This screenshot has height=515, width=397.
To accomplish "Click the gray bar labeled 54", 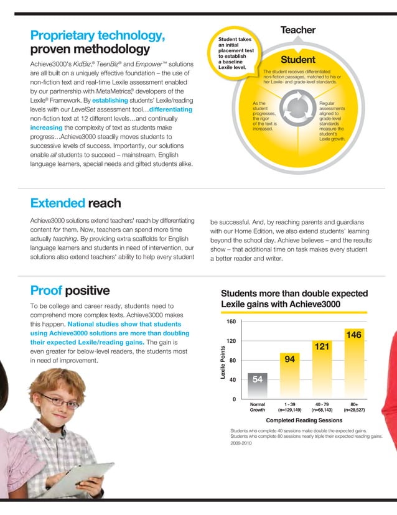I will click(258, 386).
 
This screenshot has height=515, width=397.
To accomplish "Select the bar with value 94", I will click(289, 375).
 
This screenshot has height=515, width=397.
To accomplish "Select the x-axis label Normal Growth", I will click(258, 407).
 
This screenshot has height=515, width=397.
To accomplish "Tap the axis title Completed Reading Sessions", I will click(304, 420).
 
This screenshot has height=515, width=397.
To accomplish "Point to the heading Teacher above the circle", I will click(298, 30).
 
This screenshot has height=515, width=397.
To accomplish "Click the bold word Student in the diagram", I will click(298, 60).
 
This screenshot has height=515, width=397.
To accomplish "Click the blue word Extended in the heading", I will click(57, 203).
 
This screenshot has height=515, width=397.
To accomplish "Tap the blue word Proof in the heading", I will click(46, 290).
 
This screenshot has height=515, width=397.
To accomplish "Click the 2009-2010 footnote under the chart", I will click(241, 444).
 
